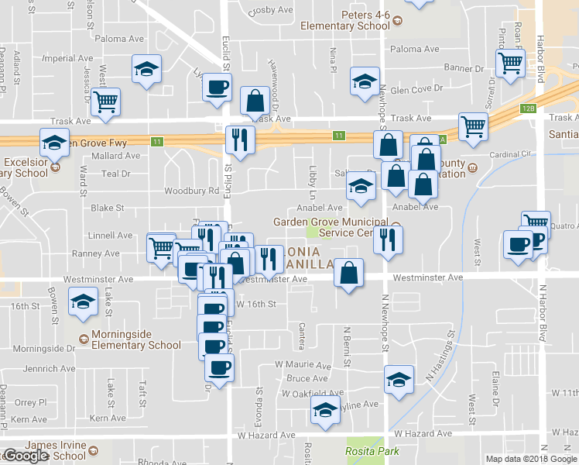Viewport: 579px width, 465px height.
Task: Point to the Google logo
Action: coord(26,456)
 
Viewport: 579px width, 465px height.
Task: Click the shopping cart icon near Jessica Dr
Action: coord(105,101)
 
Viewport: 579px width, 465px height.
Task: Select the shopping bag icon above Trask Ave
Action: coord(254,99)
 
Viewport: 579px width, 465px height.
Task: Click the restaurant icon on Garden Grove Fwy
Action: coord(239,139)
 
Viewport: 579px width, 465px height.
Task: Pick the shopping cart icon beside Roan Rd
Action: coord(511,64)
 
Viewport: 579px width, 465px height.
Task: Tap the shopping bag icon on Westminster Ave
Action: coord(349,273)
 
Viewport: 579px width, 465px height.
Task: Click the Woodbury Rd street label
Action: coord(191,191)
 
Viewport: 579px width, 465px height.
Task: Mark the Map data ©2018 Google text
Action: coord(530,459)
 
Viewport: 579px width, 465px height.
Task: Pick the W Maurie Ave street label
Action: coord(303,364)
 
